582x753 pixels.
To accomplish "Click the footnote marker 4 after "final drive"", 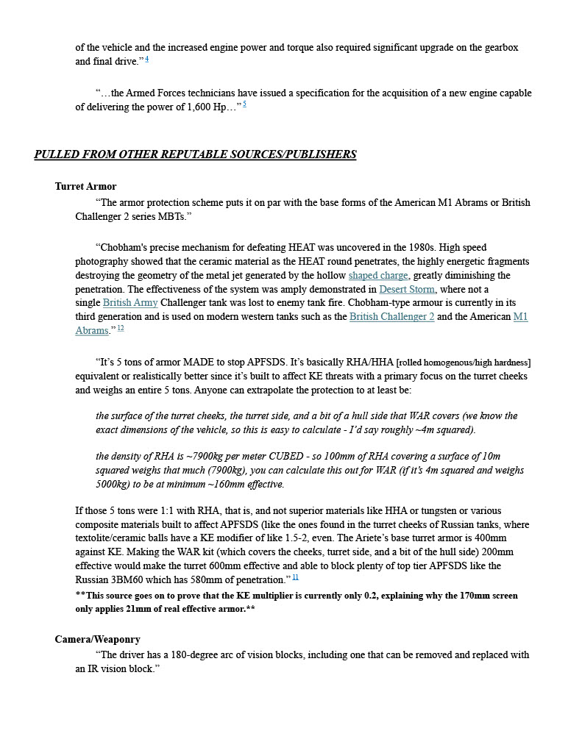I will tap(147, 60).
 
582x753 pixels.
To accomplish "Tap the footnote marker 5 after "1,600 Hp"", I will tap(244, 105).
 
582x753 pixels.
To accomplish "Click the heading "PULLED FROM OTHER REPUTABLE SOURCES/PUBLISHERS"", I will tap(195, 154).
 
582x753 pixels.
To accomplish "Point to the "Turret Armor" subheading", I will tap(85, 187).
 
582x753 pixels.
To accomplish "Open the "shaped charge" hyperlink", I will tap(378, 276).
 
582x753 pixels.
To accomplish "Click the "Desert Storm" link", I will tap(407, 290).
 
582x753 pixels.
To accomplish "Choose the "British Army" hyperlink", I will tap(130, 303).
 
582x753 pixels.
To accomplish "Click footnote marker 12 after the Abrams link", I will tap(121, 329).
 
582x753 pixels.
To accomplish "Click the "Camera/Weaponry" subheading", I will tap(97, 640).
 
